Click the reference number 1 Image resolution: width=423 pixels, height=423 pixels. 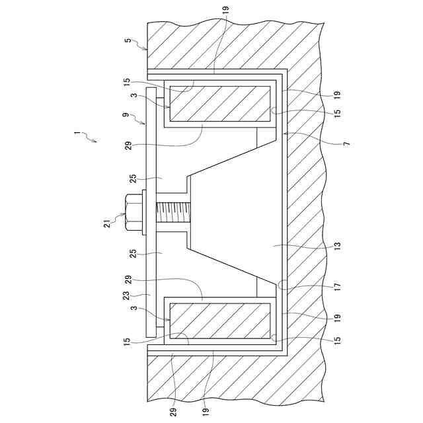pyautogui.click(x=77, y=134)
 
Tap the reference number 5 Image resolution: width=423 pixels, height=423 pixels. pyautogui.click(x=128, y=40)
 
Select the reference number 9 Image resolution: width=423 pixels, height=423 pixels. pyautogui.click(x=126, y=114)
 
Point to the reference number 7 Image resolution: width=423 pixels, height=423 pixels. pyautogui.click(x=346, y=143)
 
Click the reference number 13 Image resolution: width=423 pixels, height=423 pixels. pyautogui.click(x=337, y=246)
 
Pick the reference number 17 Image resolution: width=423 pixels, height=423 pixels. pyautogui.click(x=337, y=286)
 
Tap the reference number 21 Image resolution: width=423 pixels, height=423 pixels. pyautogui.click(x=107, y=224)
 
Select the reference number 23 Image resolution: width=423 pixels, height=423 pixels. pyautogui.click(x=126, y=295)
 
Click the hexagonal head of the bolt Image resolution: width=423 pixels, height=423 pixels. pyautogui.click(x=134, y=213)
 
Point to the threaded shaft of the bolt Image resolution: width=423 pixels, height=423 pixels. pyautogui.click(x=173, y=213)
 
